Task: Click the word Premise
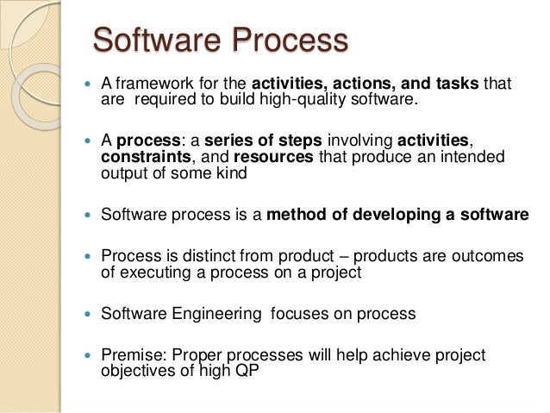tap(132, 355)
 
